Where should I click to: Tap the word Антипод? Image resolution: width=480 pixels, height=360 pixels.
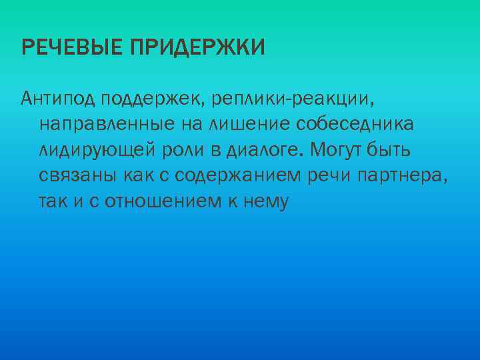tap(59, 99)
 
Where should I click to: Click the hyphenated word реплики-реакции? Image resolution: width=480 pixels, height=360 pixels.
tap(293, 101)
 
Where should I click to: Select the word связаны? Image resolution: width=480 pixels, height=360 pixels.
tap(69, 176)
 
